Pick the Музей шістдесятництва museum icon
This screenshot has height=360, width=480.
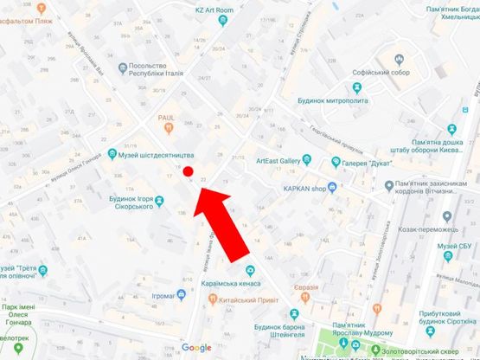[112, 156]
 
